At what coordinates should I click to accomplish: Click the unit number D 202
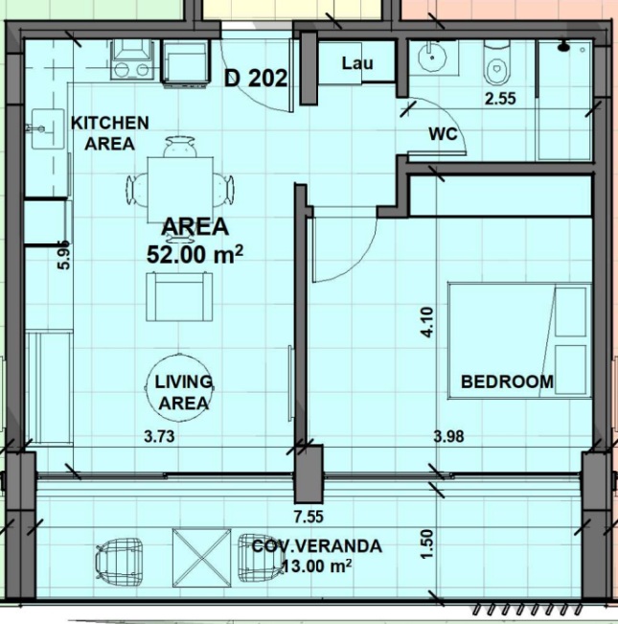256,78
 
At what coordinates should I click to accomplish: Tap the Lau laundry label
358,63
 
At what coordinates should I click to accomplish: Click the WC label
443,134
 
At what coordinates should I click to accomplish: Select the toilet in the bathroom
496,63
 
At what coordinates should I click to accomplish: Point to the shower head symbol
564,47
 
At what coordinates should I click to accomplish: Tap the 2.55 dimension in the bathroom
500,99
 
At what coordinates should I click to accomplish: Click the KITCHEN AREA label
110,133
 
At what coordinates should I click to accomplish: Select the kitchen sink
48,129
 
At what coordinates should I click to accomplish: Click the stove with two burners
132,59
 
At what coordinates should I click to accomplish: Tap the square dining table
180,190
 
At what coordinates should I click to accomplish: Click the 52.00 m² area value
195,254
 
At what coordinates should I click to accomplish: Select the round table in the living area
180,387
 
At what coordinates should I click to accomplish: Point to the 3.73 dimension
159,436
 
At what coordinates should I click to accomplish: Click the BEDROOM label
507,382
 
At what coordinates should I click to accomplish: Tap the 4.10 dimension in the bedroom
427,322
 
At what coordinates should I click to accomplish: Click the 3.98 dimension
448,436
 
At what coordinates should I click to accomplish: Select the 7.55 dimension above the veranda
309,517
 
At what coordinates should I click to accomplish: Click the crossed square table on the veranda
201,558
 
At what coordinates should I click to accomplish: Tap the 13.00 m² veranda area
316,566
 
